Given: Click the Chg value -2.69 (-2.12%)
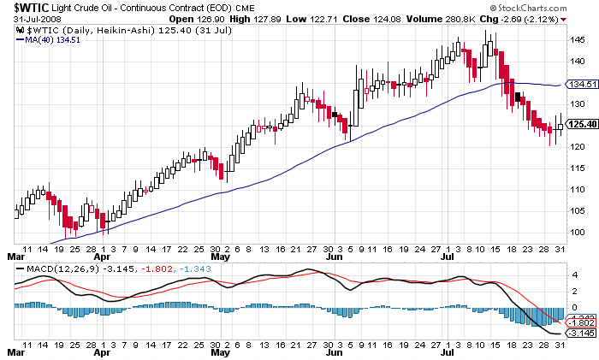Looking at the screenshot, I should pyautogui.click(x=536, y=20).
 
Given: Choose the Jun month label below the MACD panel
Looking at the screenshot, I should pyautogui.click(x=335, y=351).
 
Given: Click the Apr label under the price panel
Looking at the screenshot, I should pyautogui.click(x=103, y=255).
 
